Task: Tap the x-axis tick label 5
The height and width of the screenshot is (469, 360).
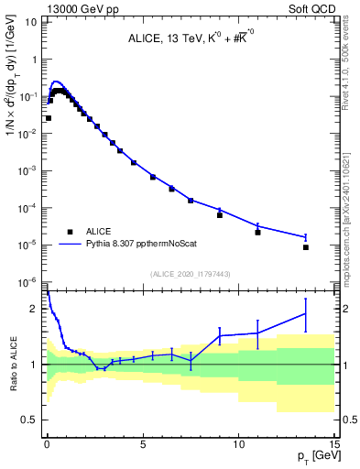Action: (143, 443)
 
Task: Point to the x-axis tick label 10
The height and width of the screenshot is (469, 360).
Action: (238, 443)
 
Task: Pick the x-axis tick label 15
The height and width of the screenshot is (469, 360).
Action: (333, 443)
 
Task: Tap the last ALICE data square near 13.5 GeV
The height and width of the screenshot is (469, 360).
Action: (305, 247)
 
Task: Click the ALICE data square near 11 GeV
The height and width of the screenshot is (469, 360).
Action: (257, 232)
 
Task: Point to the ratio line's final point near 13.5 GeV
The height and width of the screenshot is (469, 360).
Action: (305, 314)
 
